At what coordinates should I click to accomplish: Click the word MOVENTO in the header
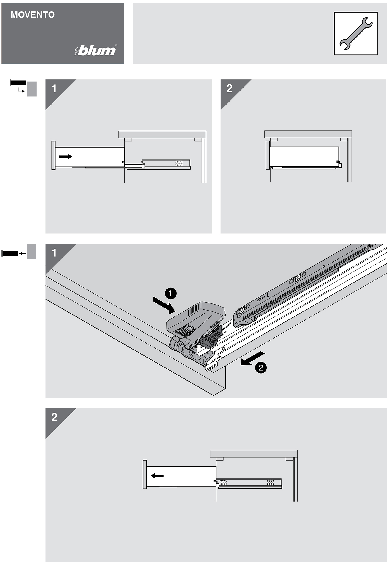pyautogui.click(x=33, y=15)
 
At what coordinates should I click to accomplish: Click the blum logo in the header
pyautogui.click(x=96, y=50)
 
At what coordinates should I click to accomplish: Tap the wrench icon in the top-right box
pyautogui.click(x=356, y=33)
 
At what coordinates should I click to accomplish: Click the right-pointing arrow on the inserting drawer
pyautogui.click(x=65, y=156)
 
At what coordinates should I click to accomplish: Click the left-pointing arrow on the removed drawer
pyautogui.click(x=157, y=475)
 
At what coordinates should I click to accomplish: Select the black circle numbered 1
pyautogui.click(x=170, y=293)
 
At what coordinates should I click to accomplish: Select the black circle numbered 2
pyautogui.click(x=261, y=367)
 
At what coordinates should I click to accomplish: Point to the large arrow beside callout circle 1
pyautogui.click(x=164, y=305)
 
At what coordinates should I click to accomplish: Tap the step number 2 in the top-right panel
pyautogui.click(x=230, y=88)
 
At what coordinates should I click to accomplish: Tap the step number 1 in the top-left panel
pyautogui.click(x=54, y=88)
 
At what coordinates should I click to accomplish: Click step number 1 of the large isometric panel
pyautogui.click(x=54, y=253)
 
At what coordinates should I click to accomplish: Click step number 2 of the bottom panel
pyautogui.click(x=54, y=417)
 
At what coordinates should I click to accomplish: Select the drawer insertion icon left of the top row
pyautogui.click(x=23, y=88)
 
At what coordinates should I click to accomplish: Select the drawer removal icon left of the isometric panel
pyautogui.click(x=19, y=252)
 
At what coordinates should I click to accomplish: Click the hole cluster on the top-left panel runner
pyautogui.click(x=179, y=163)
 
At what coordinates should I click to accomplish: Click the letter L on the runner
pyautogui.click(x=268, y=295)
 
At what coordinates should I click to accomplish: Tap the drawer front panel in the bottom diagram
pyautogui.click(x=145, y=474)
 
